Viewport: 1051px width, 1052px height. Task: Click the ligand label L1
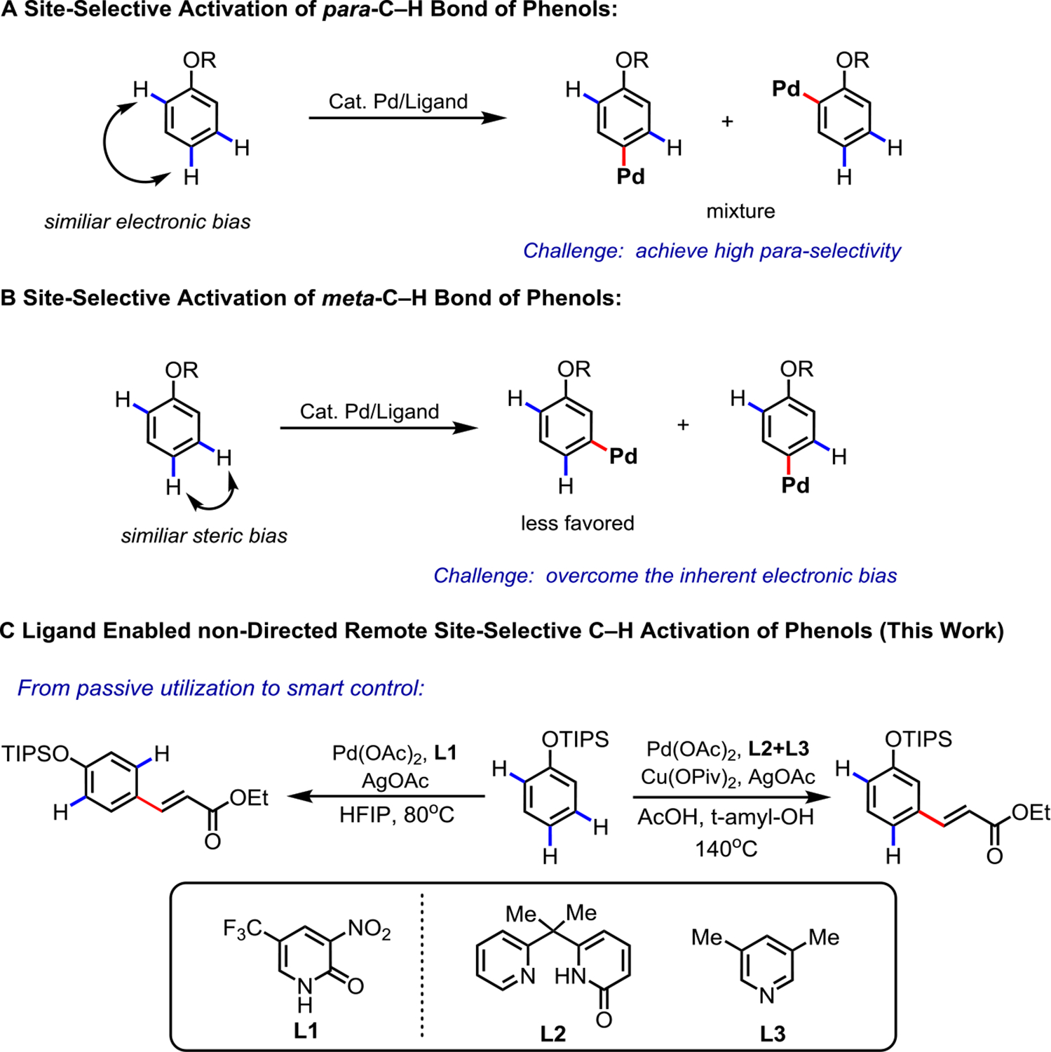[306, 1030]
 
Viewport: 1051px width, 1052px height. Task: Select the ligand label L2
[552, 1033]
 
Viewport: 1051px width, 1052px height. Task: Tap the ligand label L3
[773, 1033]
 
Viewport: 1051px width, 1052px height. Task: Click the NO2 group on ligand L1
[369, 929]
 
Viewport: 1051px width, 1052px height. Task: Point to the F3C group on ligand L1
[242, 929]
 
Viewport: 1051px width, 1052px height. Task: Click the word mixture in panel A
[740, 211]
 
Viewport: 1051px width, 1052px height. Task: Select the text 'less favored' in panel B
[577, 523]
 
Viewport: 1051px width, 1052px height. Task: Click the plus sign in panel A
[727, 121]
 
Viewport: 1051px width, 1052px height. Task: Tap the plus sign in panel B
[683, 425]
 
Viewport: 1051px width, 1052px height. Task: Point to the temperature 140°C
[726, 849]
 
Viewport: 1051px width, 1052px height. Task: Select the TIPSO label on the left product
[35, 754]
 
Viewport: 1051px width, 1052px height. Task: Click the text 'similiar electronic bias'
[147, 222]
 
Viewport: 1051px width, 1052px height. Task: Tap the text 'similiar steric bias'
[204, 536]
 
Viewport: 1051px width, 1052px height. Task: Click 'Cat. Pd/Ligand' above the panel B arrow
[369, 411]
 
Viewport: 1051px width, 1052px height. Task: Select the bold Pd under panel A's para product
[630, 176]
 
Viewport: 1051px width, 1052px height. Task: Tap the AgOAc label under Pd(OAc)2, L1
[395, 781]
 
